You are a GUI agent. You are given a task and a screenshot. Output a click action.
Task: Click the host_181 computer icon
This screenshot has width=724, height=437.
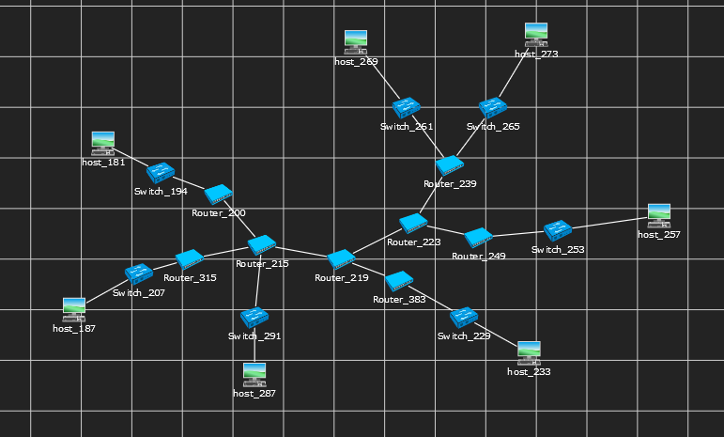[102, 143]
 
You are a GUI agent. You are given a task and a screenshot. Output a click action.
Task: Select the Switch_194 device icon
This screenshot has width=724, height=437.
[161, 173]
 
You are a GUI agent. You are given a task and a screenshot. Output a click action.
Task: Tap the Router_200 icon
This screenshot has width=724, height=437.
[218, 195]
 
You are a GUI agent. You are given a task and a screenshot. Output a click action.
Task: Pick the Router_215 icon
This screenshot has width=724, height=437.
[261, 244]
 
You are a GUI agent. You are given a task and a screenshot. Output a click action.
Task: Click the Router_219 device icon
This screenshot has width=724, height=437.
[340, 258]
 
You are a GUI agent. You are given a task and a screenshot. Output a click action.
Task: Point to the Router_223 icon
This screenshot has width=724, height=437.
[413, 224]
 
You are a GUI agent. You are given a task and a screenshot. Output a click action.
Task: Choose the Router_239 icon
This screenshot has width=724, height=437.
[450, 165]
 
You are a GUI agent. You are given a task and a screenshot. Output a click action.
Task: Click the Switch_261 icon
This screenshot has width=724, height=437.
[407, 108]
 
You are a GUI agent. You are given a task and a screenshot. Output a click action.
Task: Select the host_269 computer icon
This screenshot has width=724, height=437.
[355, 40]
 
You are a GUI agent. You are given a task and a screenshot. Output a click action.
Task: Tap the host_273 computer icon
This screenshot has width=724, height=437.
[536, 34]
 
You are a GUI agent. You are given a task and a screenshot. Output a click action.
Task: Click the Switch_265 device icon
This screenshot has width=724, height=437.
[492, 108]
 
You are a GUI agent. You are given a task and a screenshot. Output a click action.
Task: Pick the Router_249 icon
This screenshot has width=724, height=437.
[478, 237]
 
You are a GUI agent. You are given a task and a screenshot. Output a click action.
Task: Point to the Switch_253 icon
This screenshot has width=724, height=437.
[558, 230]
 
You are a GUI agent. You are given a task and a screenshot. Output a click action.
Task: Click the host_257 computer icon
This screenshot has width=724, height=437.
[659, 215]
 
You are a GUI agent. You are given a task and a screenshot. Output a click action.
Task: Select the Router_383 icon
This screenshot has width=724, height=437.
[399, 280]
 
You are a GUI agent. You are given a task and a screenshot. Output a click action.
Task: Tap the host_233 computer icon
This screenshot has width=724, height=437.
[529, 352]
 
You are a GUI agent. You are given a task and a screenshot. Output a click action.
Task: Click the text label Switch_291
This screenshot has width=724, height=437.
[254, 336]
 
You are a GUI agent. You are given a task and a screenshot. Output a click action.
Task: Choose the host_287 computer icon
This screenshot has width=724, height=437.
[254, 374]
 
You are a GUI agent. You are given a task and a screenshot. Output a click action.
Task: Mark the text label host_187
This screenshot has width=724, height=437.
[74, 329]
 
